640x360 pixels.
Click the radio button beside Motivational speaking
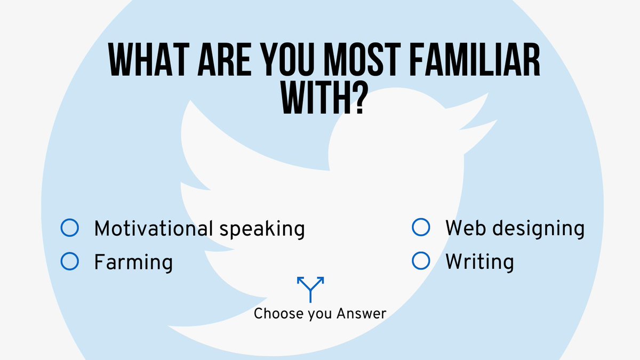pyautogui.click(x=70, y=228)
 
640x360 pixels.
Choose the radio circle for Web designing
pyautogui.click(x=421, y=228)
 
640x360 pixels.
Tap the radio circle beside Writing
pyautogui.click(x=421, y=261)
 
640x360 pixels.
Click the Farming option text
pyautogui.click(x=133, y=262)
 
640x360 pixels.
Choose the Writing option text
pyautogui.click(x=479, y=262)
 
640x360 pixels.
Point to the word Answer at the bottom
pyautogui.click(x=361, y=314)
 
